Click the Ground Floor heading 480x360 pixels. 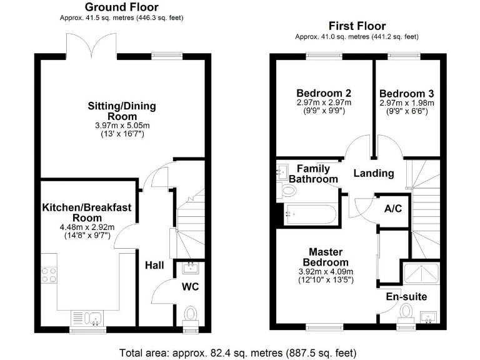click(x=121, y=7)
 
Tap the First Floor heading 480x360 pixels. click(x=357, y=26)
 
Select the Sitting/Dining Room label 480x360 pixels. click(x=121, y=111)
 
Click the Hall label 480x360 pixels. click(x=154, y=266)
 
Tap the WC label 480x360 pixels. click(x=190, y=287)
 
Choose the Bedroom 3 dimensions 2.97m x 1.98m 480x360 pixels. click(x=406, y=102)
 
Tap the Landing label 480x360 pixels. click(x=374, y=173)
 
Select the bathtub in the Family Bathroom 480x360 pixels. click(x=310, y=214)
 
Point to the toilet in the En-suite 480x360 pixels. click(x=407, y=311)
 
